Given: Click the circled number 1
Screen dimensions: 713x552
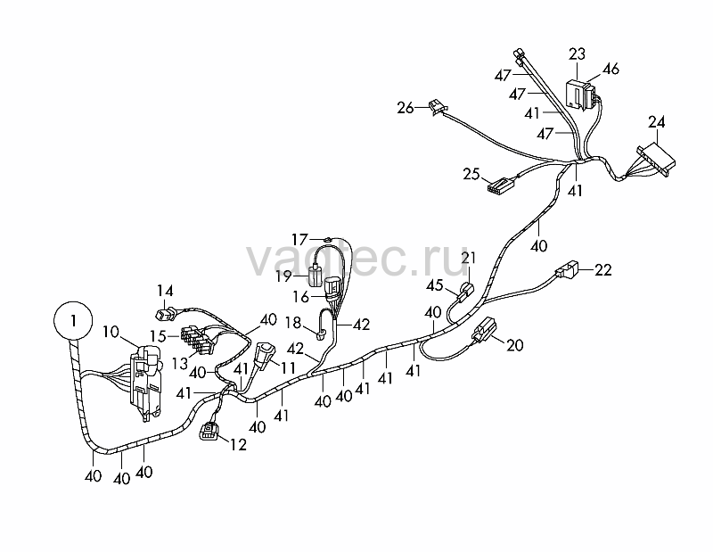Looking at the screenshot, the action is [x=73, y=320].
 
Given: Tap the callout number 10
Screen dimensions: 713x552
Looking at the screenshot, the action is [x=111, y=332].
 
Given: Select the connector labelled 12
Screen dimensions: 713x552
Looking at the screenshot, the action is [x=209, y=431].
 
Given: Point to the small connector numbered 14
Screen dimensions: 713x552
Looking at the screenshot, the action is [x=165, y=314].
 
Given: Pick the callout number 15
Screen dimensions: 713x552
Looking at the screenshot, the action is [x=159, y=336].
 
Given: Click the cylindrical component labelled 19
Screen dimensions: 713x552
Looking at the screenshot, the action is [x=315, y=276].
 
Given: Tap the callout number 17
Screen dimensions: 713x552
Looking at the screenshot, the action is [x=300, y=239].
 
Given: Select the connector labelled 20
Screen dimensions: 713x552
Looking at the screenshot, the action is [x=484, y=330].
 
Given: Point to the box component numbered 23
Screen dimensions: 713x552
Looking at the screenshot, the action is [x=581, y=95].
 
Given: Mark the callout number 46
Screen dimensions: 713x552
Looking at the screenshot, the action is [x=611, y=69].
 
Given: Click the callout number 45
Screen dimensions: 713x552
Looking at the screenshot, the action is [x=435, y=285].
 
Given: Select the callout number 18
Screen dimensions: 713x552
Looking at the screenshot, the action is [x=293, y=323].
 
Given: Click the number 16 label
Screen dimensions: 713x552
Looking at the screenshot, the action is [x=300, y=297].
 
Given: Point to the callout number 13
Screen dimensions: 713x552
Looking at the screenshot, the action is [x=180, y=364].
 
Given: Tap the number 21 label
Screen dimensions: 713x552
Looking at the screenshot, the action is [x=469, y=258].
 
